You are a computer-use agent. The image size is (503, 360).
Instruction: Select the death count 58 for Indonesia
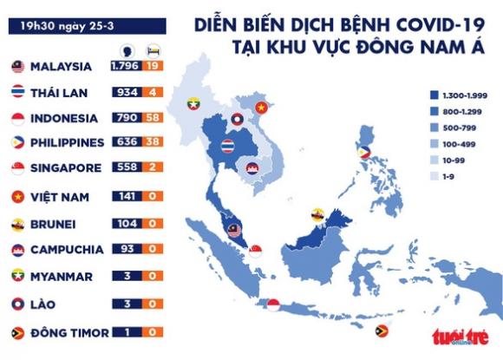(x=153, y=117)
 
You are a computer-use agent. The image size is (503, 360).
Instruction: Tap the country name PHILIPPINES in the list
(x=67, y=142)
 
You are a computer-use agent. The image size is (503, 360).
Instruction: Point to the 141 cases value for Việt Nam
(x=127, y=196)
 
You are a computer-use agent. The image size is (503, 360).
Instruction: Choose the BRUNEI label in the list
(x=52, y=223)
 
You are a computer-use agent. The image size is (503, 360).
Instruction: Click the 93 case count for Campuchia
(x=127, y=250)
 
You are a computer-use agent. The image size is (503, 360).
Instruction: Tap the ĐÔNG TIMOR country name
(x=69, y=331)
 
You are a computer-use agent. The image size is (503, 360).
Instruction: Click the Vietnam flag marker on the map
(x=262, y=108)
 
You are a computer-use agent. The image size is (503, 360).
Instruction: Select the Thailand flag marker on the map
(x=228, y=146)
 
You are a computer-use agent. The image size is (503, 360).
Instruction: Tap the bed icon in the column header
(x=153, y=49)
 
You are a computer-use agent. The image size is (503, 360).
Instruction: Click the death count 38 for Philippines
(x=153, y=142)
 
